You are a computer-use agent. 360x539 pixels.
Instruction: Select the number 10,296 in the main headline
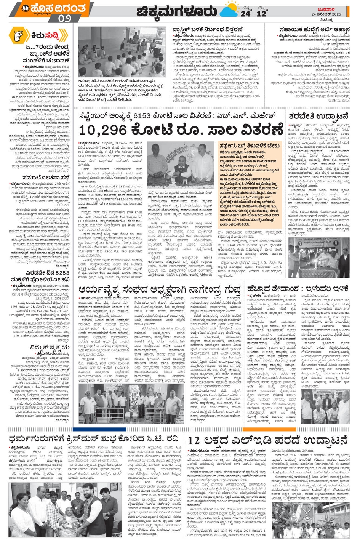tap(103, 130)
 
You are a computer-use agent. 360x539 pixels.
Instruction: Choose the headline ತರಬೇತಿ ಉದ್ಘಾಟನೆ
tap(318, 116)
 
